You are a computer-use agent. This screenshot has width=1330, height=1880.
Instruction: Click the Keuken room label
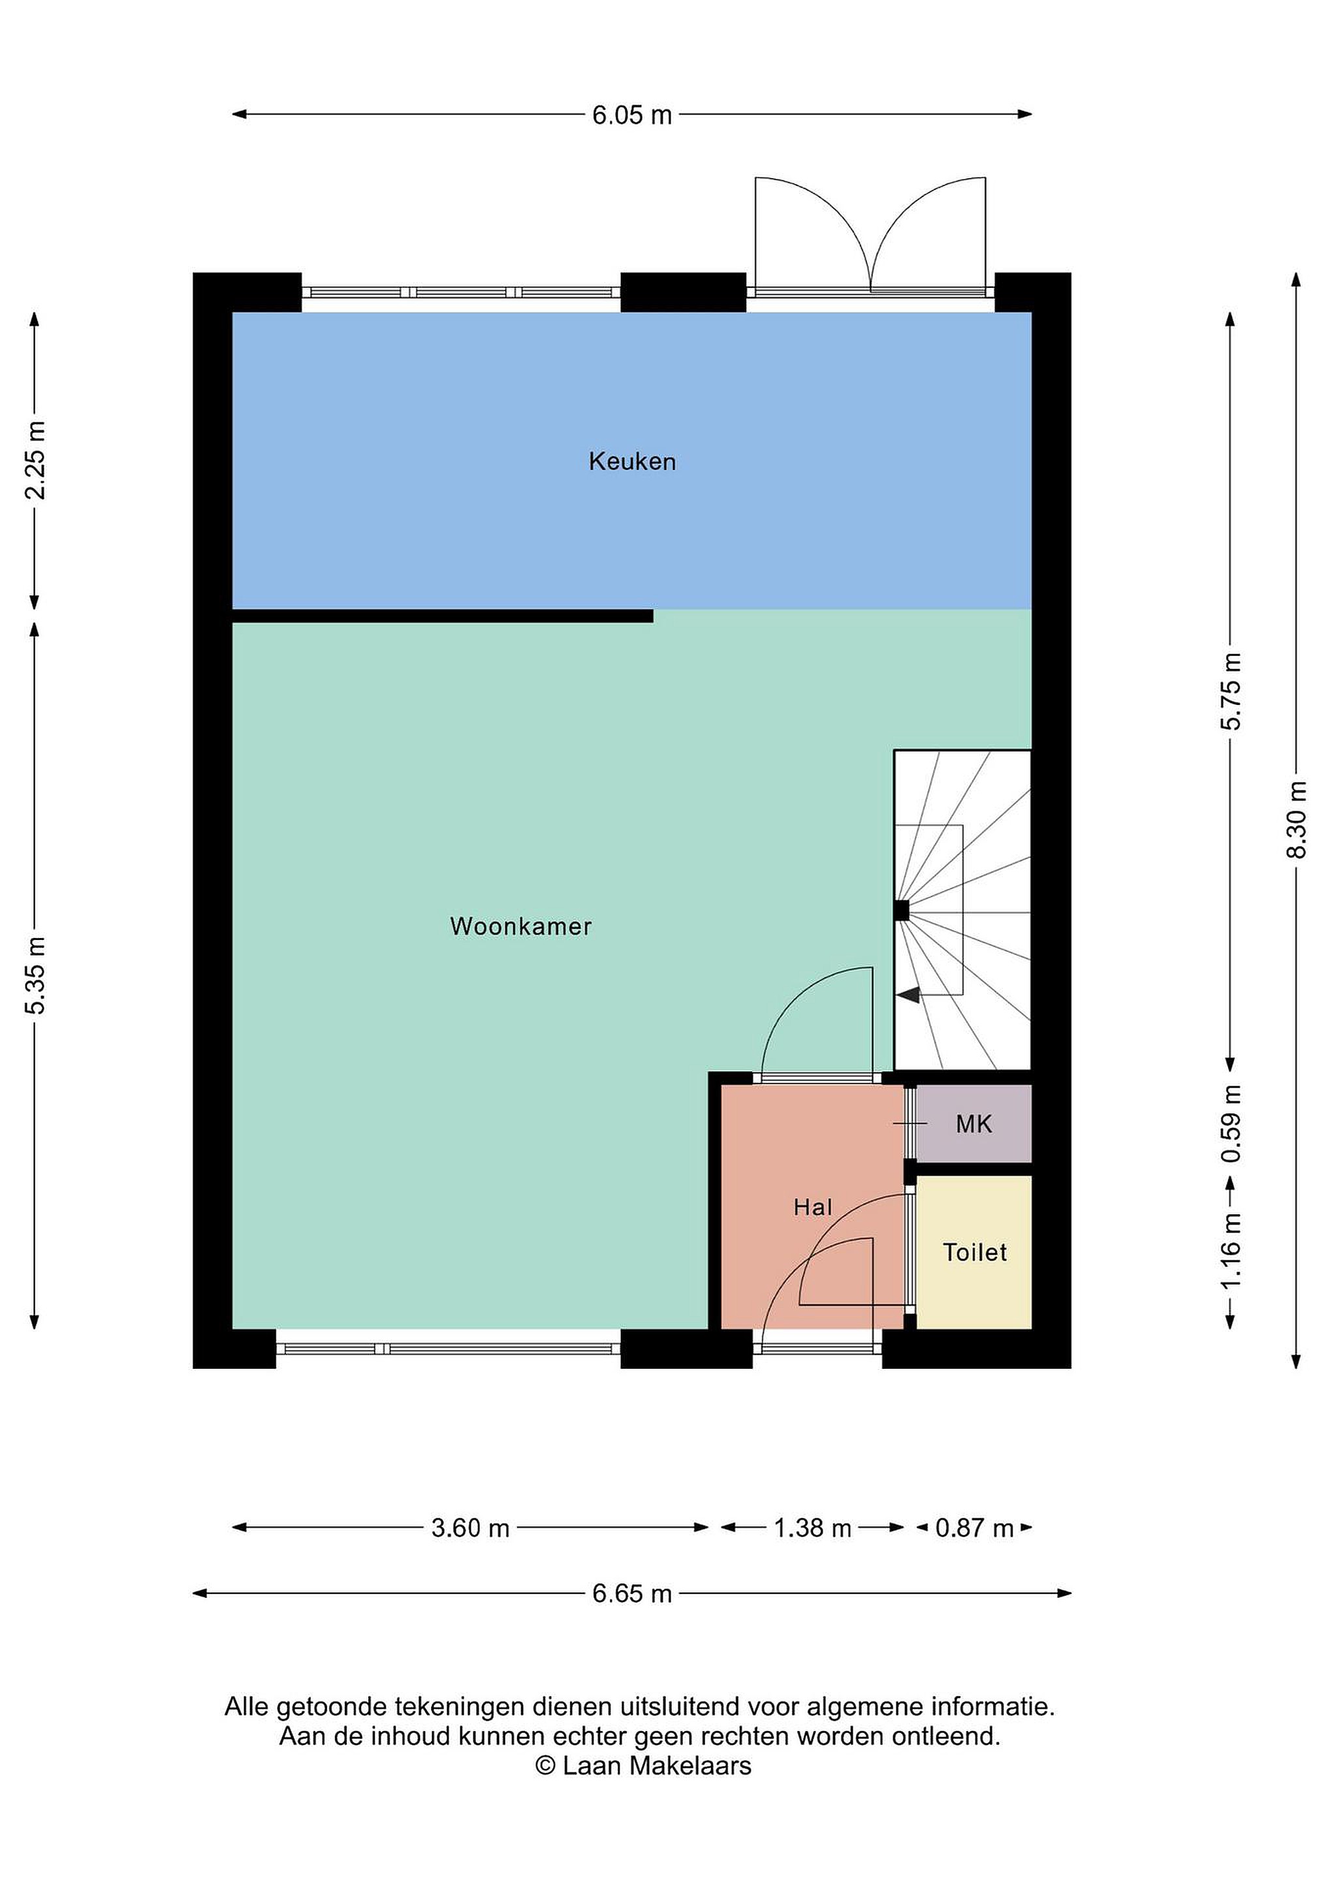632,462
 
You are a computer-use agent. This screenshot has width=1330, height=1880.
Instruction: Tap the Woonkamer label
521,926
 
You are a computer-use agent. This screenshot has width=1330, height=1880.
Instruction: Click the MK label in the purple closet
974,1124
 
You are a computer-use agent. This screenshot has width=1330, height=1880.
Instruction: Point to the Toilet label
975,1252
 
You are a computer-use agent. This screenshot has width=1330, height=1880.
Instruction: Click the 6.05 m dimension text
632,115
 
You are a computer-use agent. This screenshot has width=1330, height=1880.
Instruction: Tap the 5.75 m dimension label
1231,691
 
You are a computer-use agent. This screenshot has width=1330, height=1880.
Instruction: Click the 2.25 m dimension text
35,461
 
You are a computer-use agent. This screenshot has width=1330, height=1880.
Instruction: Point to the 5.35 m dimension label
35,975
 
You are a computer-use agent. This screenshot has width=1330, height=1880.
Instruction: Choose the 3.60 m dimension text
470,1528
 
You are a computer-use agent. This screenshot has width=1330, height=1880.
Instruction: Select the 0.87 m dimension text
975,1528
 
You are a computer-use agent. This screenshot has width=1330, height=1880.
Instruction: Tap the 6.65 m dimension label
632,1593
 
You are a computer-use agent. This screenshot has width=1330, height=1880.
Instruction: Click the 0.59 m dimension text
1231,1123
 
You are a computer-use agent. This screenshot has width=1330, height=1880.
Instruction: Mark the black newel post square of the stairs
902,910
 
